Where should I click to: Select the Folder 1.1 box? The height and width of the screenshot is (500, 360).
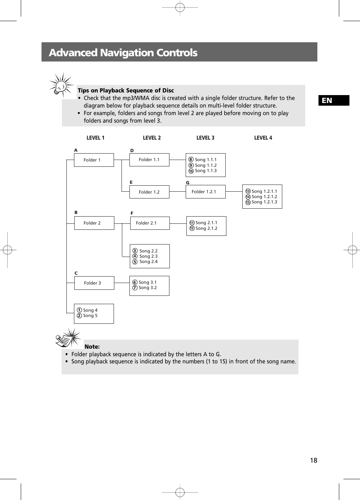pyautogui.click(x=149, y=160)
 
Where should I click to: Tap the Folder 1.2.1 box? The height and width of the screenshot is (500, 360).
pyautogui.click(x=205, y=192)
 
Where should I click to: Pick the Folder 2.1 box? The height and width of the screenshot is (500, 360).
pyautogui.click(x=149, y=223)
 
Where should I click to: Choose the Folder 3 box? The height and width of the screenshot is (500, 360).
pyautogui.click(x=94, y=283)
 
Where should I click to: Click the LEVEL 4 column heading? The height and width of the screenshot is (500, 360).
pyautogui.click(x=263, y=138)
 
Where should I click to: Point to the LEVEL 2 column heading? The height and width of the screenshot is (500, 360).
pyautogui.click(x=152, y=138)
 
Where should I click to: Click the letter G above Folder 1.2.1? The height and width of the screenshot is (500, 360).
pyautogui.click(x=188, y=183)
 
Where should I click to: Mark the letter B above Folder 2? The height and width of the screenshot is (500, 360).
pyautogui.click(x=76, y=212)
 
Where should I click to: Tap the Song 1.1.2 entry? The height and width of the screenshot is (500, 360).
pyautogui.click(x=206, y=165)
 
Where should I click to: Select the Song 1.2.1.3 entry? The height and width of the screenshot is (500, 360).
pyautogui.click(x=264, y=202)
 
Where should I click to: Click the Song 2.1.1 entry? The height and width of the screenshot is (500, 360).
pyautogui.click(x=206, y=223)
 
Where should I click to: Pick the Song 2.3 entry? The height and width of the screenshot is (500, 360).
pyautogui.click(x=148, y=256)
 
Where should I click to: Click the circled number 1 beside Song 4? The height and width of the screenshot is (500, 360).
pyautogui.click(x=79, y=310)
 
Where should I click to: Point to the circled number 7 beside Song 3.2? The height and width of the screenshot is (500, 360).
pyautogui.click(x=135, y=288)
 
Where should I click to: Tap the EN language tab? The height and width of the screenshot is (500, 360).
pyautogui.click(x=334, y=100)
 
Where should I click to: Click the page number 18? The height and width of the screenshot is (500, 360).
pyautogui.click(x=314, y=460)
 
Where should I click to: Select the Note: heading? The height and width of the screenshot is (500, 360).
pyautogui.click(x=92, y=347)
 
